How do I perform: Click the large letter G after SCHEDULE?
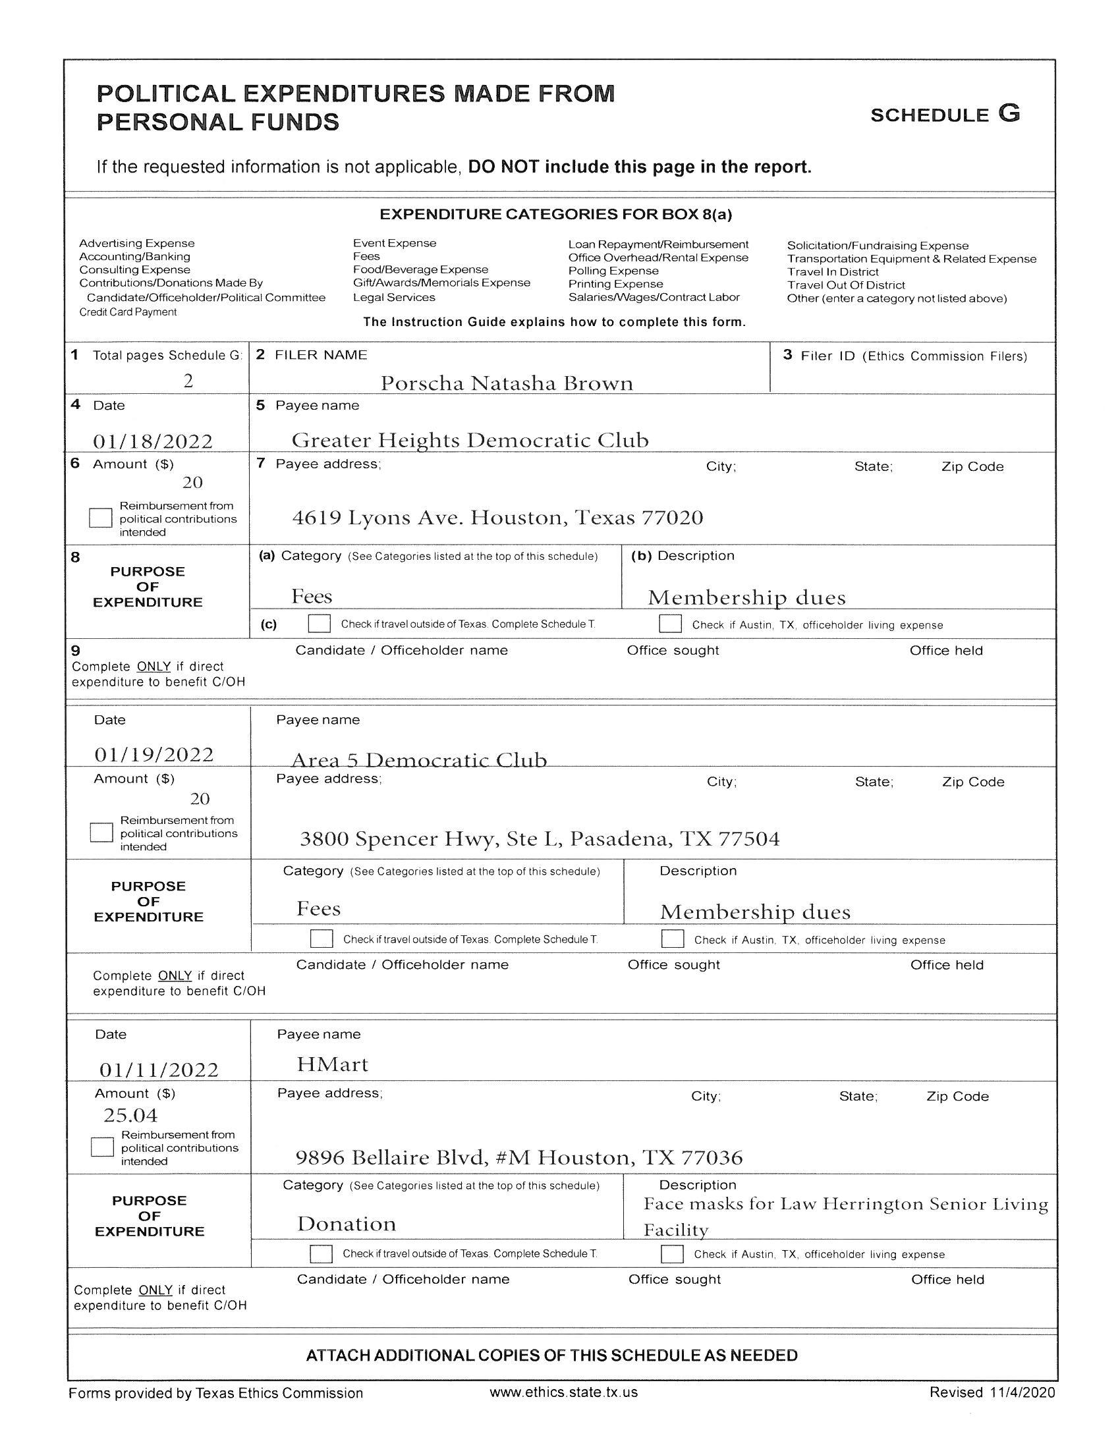coord(1009,113)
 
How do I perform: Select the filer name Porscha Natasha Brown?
coord(506,383)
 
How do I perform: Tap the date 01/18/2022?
coord(153,441)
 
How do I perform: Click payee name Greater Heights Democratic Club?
coord(470,440)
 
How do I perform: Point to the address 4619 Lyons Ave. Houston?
coord(497,518)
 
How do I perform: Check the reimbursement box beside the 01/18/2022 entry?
coord(100,518)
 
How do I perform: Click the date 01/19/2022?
coord(154,754)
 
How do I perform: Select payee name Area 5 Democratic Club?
coord(418,759)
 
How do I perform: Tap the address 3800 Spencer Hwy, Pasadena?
coord(540,839)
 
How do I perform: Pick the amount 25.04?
coord(130,1115)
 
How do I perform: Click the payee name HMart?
coord(332,1064)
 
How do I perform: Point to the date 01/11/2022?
coord(159,1070)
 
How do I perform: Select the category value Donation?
coord(347,1224)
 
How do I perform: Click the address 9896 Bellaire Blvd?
coord(519,1158)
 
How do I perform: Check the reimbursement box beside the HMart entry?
coord(102,1147)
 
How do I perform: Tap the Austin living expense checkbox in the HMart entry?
coord(672,1254)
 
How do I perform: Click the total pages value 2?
coord(188,381)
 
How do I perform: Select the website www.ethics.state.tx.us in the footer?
coord(563,1392)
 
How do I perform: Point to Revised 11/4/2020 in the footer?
coord(992,1392)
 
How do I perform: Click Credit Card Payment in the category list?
coord(128,312)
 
